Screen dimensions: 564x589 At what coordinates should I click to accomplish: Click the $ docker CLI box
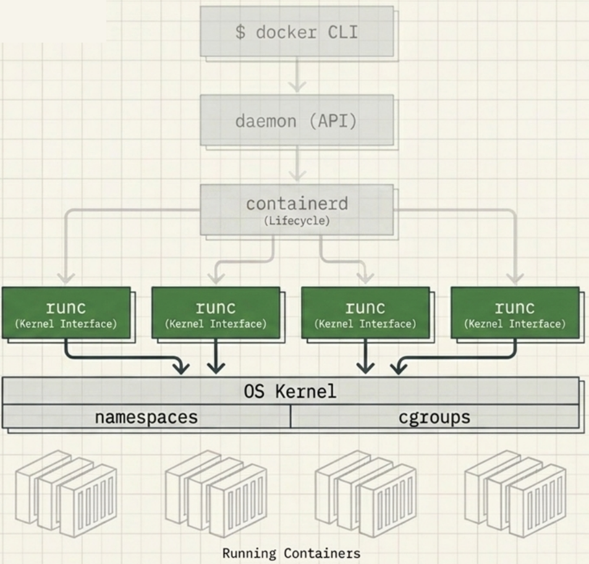point(296,32)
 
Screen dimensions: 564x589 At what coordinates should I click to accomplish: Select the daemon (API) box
point(296,120)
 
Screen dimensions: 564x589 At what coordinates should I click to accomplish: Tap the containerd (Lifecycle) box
point(296,209)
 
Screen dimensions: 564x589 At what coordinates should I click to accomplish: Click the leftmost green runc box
point(66,313)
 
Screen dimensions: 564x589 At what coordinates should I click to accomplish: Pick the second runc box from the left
point(216,313)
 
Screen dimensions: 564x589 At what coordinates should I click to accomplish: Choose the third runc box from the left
point(365,313)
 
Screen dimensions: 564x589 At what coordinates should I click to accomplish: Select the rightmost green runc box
point(515,313)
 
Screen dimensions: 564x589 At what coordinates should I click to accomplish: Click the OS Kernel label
point(290,391)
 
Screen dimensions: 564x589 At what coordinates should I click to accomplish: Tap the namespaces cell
point(146,417)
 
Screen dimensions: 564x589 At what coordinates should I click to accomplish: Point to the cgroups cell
point(434,417)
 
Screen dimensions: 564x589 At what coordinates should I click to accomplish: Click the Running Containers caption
point(291,552)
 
